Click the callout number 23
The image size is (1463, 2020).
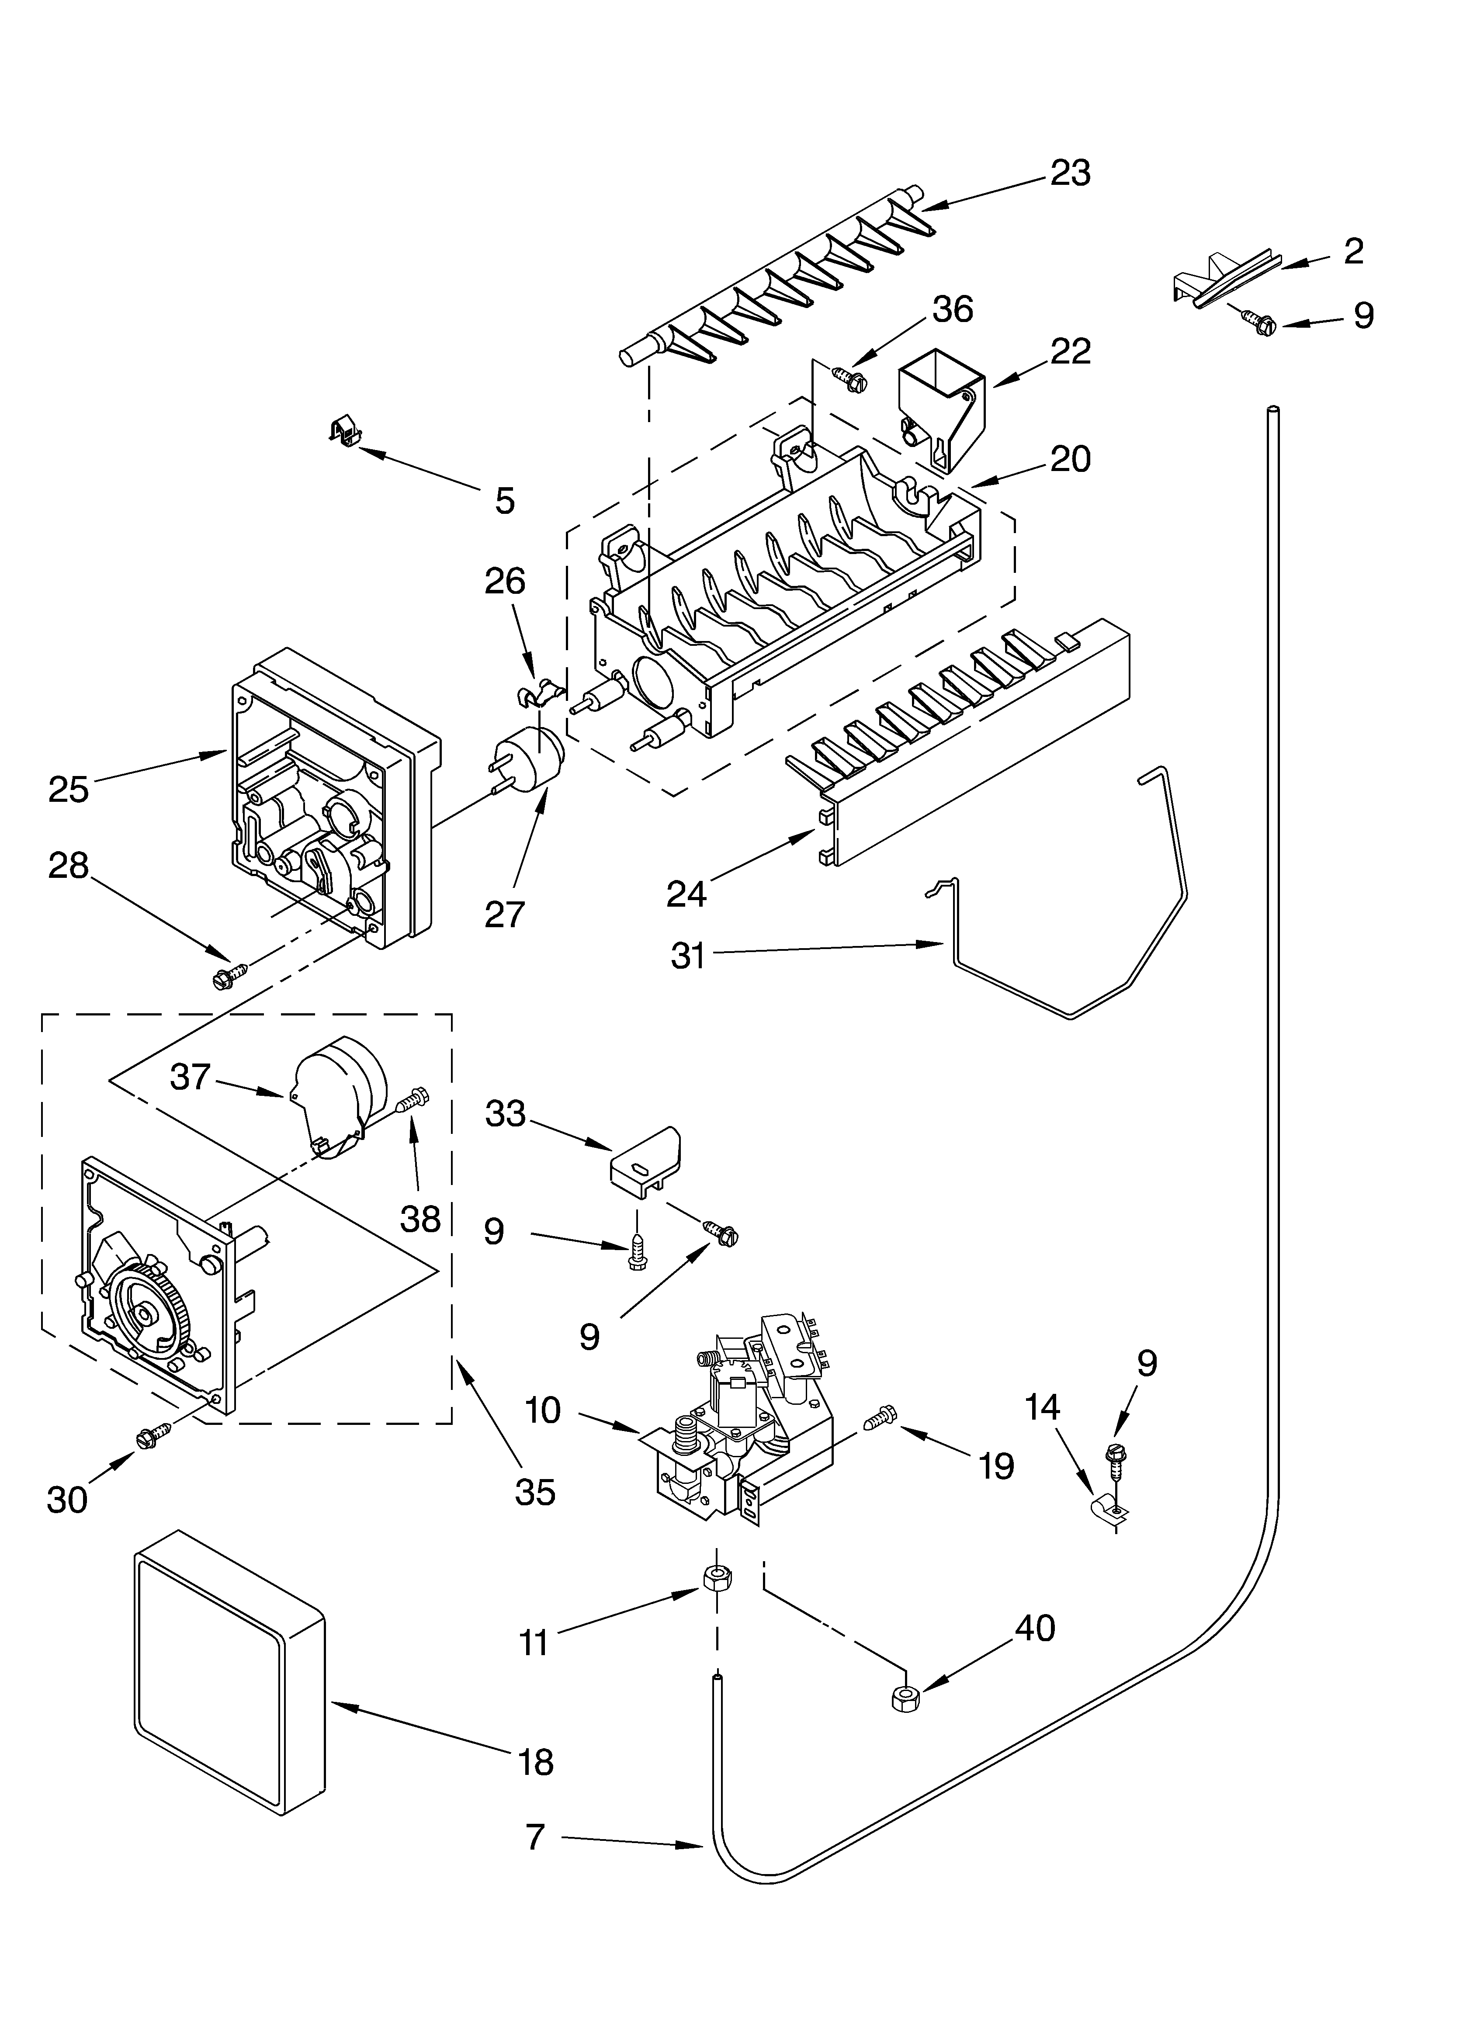(x=1069, y=173)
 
